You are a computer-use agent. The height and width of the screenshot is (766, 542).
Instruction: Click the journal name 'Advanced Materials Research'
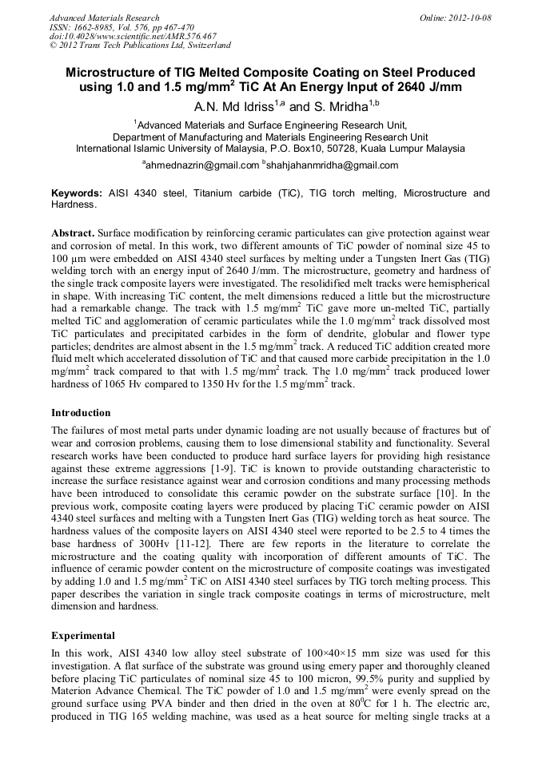104,17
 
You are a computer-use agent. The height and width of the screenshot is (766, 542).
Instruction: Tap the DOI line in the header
132,36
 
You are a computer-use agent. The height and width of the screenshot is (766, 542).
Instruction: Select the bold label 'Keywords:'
77,193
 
